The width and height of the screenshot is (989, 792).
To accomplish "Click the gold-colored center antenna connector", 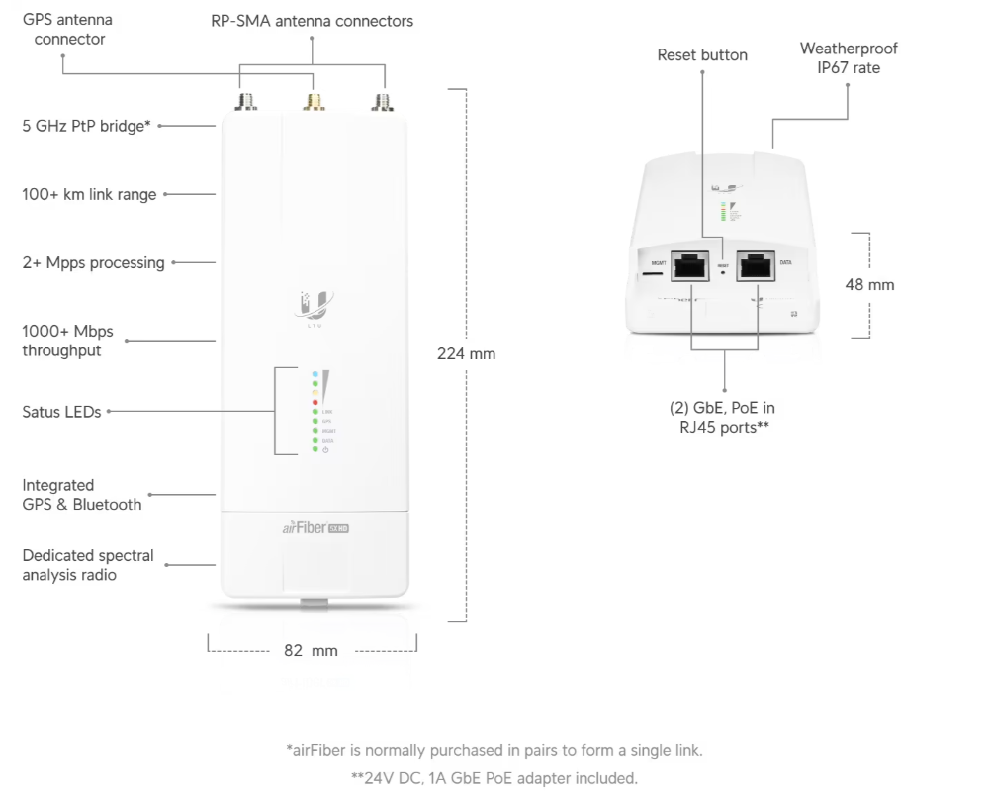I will [315, 102].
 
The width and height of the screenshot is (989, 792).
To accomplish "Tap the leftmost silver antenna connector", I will [242, 102].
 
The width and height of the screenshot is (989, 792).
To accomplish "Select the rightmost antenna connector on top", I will [379, 102].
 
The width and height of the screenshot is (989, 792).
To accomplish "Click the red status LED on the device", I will [315, 402].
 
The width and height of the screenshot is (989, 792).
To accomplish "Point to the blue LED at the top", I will [315, 376].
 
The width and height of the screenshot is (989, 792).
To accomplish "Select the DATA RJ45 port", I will [757, 265].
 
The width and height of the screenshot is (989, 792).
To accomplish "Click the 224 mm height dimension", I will [466, 353].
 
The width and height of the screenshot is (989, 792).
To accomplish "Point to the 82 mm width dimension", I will [311, 650].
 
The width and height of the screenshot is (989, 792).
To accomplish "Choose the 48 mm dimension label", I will [869, 285].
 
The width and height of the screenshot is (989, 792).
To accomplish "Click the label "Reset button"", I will [702, 55].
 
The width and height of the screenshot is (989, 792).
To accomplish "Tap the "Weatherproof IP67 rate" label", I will [849, 57].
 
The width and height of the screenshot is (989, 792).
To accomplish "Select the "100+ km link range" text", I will [89, 195].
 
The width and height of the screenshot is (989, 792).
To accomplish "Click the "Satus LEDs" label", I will [61, 412].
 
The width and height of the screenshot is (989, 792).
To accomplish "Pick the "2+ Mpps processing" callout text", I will [93, 263].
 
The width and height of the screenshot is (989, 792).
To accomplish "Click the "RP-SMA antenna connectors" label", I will [312, 21].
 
